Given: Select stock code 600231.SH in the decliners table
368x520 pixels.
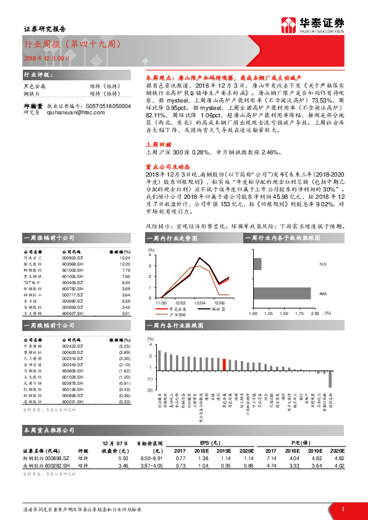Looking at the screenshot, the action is [x=72, y=402].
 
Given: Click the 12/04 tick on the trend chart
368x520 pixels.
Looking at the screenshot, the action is [x=199, y=303].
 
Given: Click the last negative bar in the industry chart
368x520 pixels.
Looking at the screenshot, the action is [x=330, y=379].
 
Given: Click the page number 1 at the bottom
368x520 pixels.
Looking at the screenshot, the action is [x=342, y=508].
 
